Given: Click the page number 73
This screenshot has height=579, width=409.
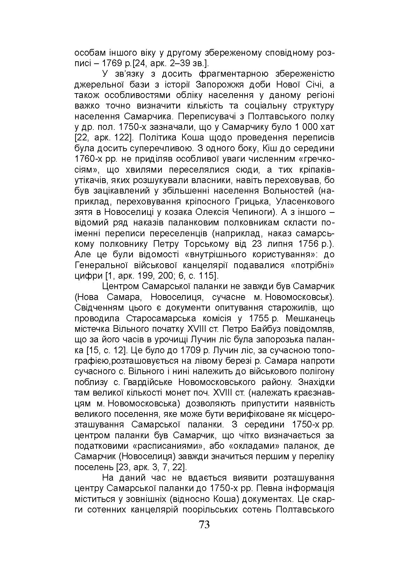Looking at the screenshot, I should coord(204,525).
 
